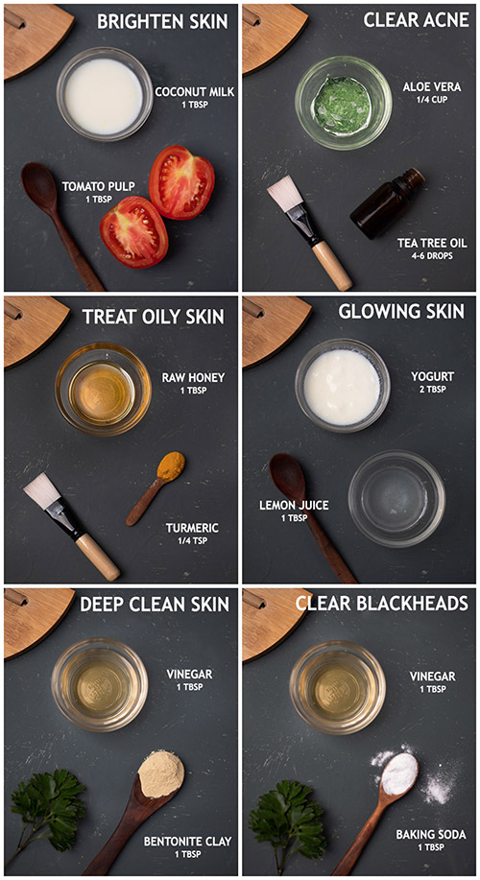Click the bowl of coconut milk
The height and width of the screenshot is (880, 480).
(105, 94)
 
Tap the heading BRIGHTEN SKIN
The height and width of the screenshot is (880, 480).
(162, 21)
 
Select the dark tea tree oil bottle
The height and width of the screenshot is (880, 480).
(388, 203)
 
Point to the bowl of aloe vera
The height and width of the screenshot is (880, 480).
(343, 103)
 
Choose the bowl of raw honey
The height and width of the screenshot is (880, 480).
(104, 390)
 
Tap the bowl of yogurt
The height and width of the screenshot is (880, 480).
(343, 386)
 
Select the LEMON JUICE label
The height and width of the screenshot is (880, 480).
(294, 505)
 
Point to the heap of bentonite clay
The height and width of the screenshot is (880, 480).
(161, 773)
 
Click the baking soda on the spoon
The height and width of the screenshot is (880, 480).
(399, 773)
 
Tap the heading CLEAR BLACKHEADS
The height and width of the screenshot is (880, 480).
(382, 603)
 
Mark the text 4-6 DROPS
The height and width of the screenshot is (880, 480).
(432, 256)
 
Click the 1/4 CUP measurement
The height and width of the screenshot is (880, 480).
(432, 100)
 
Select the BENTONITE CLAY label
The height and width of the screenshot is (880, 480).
(187, 842)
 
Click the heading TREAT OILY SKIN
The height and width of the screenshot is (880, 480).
(154, 317)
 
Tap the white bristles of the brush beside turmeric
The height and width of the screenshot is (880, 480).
(41, 490)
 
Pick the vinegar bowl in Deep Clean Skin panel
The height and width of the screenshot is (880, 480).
(100, 685)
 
